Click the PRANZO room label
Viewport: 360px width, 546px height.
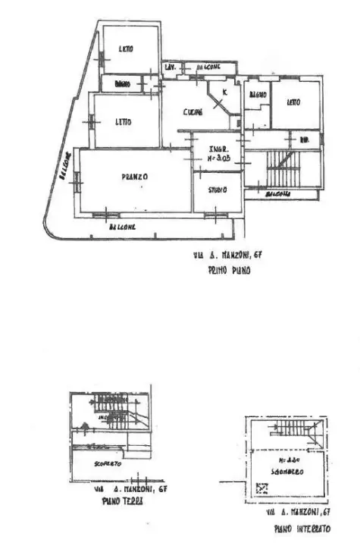(134, 177)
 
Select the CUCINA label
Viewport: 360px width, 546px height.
(193, 112)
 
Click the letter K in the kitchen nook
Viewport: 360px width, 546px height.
(223, 93)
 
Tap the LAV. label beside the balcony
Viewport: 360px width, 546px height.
(171, 67)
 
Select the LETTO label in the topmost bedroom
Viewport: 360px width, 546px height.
(125, 49)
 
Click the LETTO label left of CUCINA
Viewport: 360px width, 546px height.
(124, 121)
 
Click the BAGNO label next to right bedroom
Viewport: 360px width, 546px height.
(257, 95)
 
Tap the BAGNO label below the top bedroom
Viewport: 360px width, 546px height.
(122, 83)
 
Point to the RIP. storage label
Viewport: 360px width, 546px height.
(305, 140)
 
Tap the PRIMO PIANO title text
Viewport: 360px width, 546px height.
(229, 269)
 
